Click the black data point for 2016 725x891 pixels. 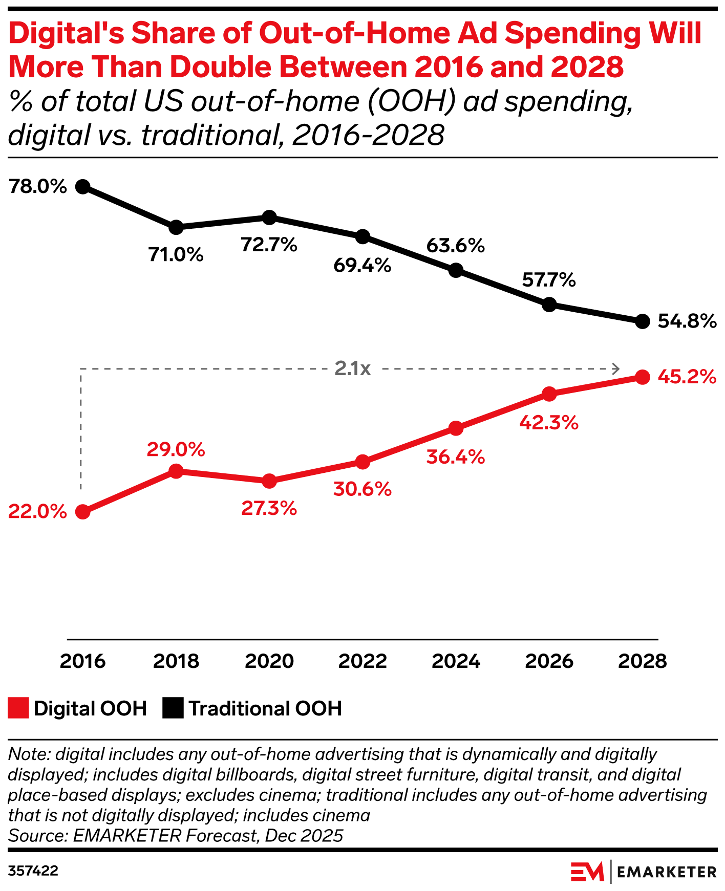pyautogui.click(x=82, y=186)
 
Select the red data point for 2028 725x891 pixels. pyautogui.click(x=643, y=377)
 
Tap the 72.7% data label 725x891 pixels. pyautogui.click(x=269, y=245)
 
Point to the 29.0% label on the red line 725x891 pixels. pyautogui.click(x=176, y=449)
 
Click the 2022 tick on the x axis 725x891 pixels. pyautogui.click(x=363, y=661)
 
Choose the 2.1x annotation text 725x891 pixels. pyautogui.click(x=352, y=368)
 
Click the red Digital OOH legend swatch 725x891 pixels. pyautogui.click(x=18, y=708)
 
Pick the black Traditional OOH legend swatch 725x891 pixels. pyautogui.click(x=173, y=708)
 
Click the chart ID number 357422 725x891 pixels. pyautogui.click(x=33, y=871)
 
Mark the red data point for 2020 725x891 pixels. pyautogui.click(x=269, y=481)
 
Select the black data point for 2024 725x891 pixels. pyautogui.click(x=456, y=270)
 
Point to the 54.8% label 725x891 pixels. pyautogui.click(x=687, y=321)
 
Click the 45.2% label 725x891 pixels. pyautogui.click(x=687, y=377)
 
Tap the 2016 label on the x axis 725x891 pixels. pyautogui.click(x=82, y=661)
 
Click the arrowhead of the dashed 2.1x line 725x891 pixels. pyautogui.click(x=617, y=368)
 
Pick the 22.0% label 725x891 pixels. pyautogui.click(x=37, y=511)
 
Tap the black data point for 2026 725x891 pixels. pyautogui.click(x=549, y=305)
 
